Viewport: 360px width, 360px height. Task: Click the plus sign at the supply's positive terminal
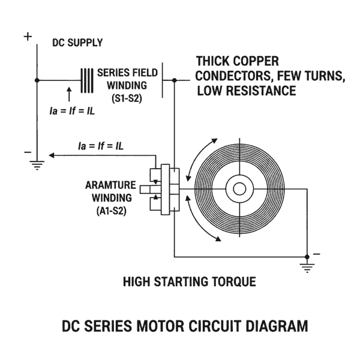[28, 37]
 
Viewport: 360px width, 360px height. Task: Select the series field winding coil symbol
[88, 80]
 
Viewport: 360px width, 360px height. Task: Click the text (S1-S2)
[128, 97]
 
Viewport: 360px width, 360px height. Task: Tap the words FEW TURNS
[310, 77]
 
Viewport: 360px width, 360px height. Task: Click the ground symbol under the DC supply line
[37, 165]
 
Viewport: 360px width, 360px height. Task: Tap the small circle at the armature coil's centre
[239, 189]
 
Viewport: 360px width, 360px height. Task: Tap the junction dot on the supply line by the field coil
[37, 80]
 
